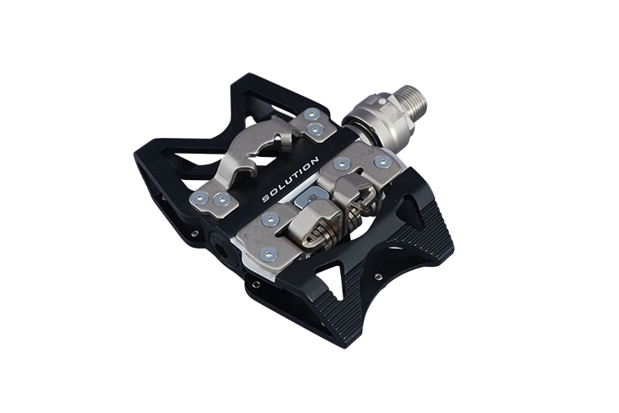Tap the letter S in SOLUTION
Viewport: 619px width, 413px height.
[266, 198]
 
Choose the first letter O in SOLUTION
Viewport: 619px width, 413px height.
[273, 193]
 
